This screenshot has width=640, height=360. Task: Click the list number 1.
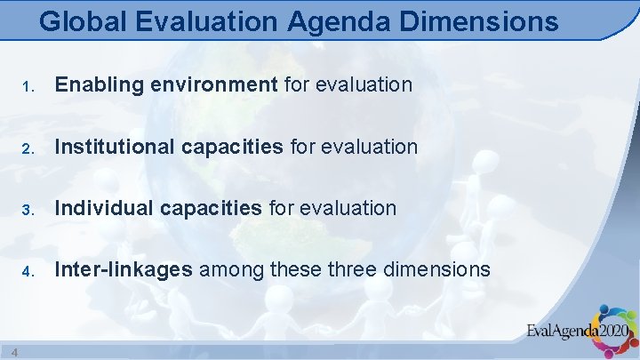pos(28,86)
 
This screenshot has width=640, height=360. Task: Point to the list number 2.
pos(28,148)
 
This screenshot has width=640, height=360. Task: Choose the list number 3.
pos(28,209)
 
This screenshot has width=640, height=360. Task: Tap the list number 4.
pos(28,270)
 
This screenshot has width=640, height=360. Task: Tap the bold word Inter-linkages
pos(124,268)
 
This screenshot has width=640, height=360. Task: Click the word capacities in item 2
pos(234,146)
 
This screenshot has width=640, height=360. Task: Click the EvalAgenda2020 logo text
pos(578,332)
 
